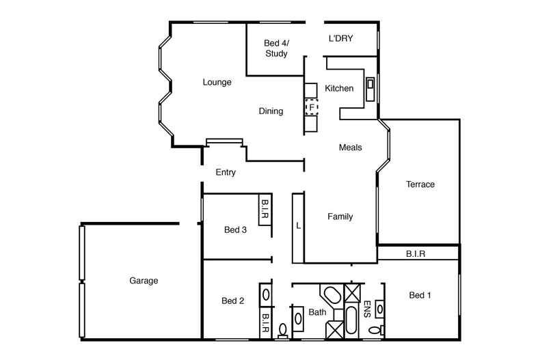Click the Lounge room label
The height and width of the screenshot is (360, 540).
point(217,83)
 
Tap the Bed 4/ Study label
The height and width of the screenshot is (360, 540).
point(275,48)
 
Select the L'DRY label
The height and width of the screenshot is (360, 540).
point(340,39)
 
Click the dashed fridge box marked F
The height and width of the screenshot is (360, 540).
point(312,107)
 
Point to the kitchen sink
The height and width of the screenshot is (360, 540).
point(370,84)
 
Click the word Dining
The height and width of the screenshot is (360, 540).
point(271,111)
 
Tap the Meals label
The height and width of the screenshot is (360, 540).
point(350,147)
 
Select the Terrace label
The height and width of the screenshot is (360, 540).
point(420,184)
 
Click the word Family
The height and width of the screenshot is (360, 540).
point(340,217)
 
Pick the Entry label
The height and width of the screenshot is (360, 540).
point(226,173)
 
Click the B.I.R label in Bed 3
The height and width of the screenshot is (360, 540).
point(265,209)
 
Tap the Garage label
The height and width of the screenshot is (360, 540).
point(144,281)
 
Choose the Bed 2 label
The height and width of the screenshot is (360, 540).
point(233,301)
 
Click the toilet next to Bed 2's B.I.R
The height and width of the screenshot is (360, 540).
point(283,332)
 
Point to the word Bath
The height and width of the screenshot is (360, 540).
point(317,312)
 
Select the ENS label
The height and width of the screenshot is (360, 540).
point(366,307)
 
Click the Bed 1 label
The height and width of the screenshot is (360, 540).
point(420,295)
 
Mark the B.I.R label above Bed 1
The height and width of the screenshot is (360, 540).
point(416,253)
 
